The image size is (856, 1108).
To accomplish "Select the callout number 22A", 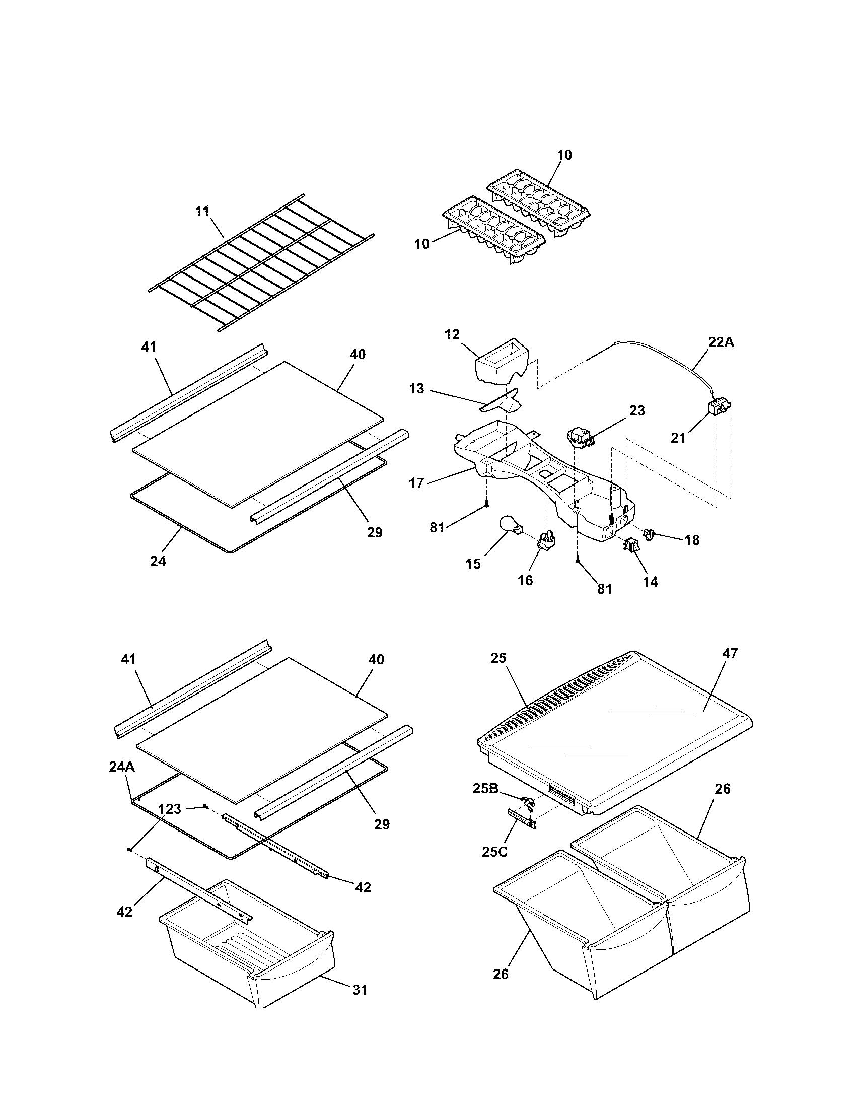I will pos(721,342).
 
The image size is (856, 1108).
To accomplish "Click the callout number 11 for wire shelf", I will pos(202,212).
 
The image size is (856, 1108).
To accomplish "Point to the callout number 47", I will pos(731,653).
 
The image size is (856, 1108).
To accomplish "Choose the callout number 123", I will pos(169,809).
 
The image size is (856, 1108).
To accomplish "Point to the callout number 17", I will pos(416,483).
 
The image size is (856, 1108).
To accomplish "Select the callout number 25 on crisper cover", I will pos(498,658).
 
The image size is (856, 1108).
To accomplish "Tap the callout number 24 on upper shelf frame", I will pos(158,562).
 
